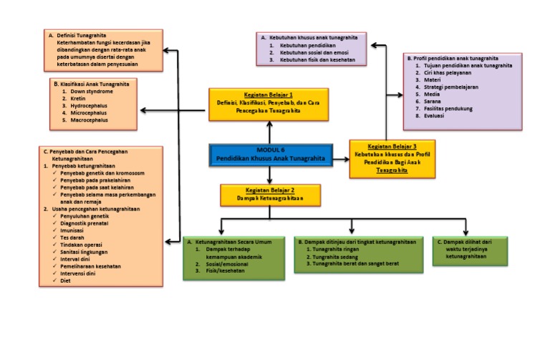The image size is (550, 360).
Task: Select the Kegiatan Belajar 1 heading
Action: (269, 96)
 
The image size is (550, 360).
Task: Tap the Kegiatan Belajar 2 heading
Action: (269, 190)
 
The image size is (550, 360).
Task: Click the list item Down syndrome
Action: (92, 92)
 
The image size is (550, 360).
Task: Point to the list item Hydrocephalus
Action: (90, 106)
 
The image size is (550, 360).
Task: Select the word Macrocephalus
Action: (91, 120)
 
